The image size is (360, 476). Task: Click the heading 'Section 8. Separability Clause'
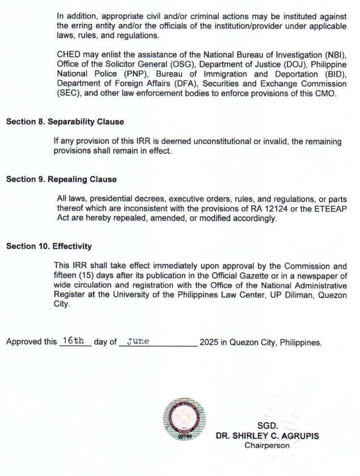coord(65,122)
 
